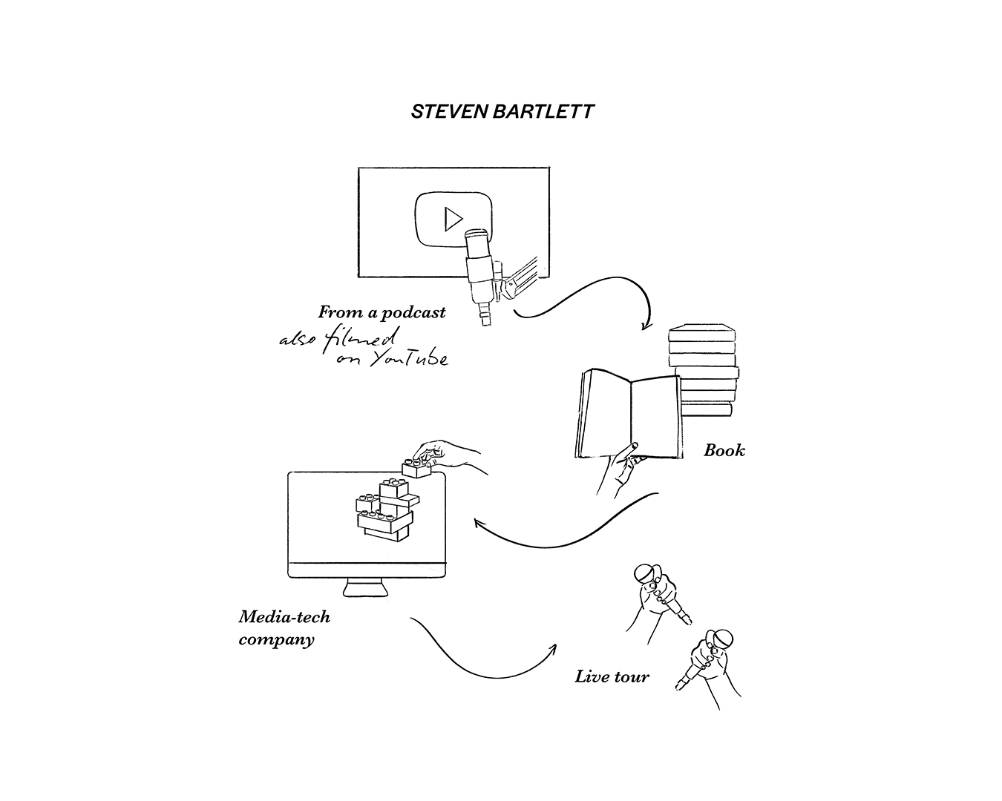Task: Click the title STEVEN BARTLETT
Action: [x=502, y=112]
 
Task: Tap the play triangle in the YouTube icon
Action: [x=453, y=219]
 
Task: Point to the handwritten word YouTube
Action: [x=409, y=359]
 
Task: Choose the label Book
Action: [x=724, y=450]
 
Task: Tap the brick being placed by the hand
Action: [x=416, y=468]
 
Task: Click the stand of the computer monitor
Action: [x=365, y=587]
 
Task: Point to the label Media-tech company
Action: [x=284, y=628]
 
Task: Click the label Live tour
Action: [x=612, y=676]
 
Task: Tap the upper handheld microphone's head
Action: [x=645, y=573]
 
